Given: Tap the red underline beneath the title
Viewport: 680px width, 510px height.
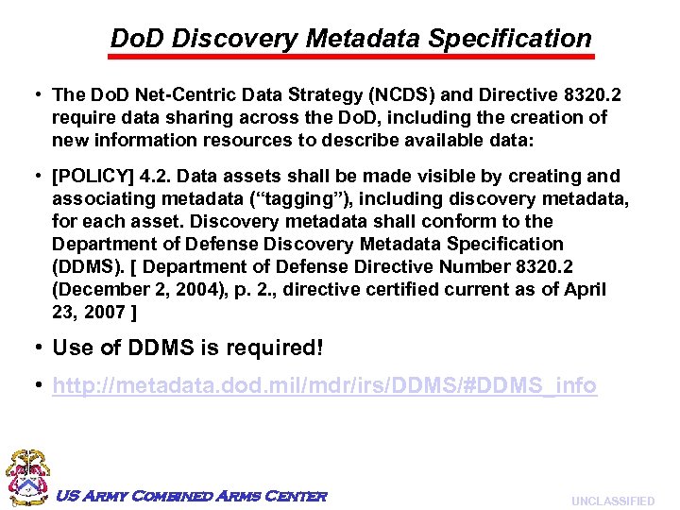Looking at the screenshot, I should click(x=351, y=58).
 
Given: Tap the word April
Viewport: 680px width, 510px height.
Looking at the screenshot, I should click(x=585, y=289).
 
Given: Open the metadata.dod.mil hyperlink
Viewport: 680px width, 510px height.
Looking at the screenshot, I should click(x=324, y=386).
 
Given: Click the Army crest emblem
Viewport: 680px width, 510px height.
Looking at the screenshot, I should click(x=26, y=478).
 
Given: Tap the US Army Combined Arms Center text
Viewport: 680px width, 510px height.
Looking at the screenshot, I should click(x=192, y=497).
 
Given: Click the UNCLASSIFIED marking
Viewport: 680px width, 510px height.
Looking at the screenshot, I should click(x=612, y=501).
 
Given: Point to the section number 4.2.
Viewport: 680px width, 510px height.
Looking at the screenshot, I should click(x=157, y=177).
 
